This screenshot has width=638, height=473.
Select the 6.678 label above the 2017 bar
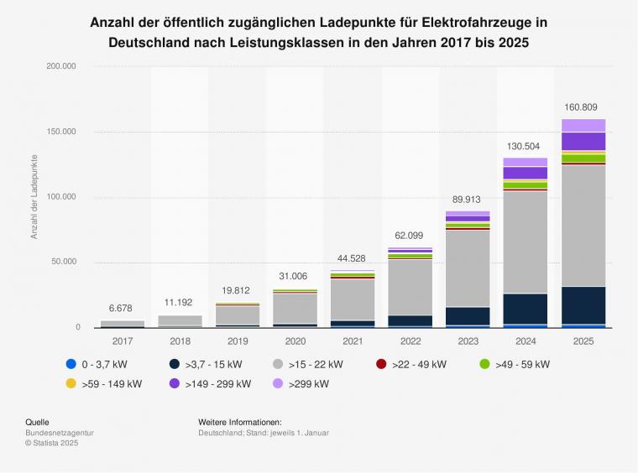point(122,309)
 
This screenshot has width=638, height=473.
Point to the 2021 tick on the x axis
point(353,341)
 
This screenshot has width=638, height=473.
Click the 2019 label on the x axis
point(238,341)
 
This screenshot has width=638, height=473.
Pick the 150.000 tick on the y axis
point(60,132)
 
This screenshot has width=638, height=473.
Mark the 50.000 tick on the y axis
point(63,262)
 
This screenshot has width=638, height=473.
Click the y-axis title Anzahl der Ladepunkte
point(34,196)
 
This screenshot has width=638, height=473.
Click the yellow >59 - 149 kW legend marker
point(71,384)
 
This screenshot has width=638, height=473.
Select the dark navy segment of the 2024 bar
point(526,308)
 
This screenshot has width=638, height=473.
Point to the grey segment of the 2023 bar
point(468,268)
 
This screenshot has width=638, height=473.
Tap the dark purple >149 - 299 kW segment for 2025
point(583,141)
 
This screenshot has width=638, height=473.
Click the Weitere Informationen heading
point(239,422)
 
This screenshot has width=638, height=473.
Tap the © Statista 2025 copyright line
point(51,443)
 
